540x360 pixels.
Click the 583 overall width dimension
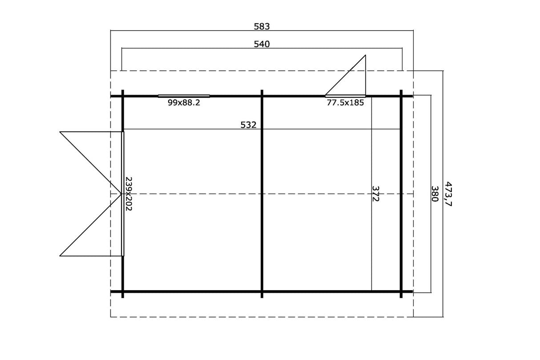262,27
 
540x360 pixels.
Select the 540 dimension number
262,44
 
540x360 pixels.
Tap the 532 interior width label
248,125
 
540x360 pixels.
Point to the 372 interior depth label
375,194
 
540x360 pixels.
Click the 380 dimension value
435,194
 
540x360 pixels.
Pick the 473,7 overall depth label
448,194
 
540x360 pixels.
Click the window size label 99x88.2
184,103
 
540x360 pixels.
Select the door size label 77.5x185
345,103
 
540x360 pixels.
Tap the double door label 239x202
129,194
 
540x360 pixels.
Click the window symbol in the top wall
184,96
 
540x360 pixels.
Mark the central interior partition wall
262,194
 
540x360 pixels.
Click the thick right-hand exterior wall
401,194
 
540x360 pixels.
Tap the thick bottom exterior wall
262,291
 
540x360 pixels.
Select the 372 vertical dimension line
371,194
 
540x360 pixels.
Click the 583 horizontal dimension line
262,31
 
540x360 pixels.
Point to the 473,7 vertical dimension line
443,194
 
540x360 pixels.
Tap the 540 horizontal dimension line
262,48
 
